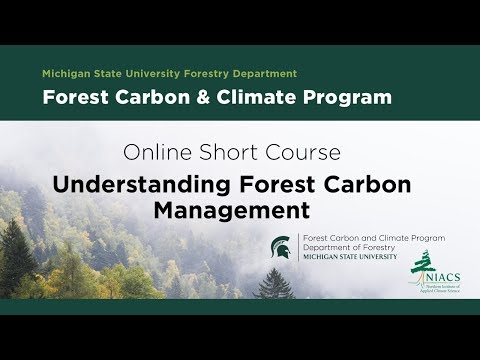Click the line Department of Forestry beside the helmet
(341, 247)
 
